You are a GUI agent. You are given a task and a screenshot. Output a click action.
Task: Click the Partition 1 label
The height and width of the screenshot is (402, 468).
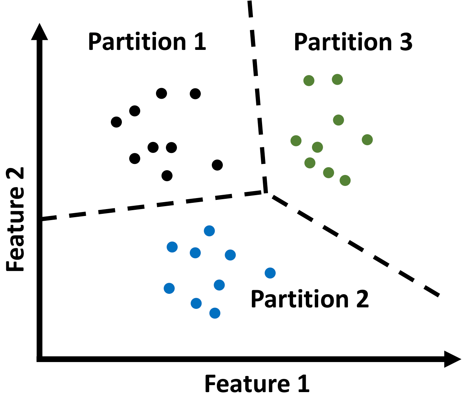pyautogui.click(x=147, y=42)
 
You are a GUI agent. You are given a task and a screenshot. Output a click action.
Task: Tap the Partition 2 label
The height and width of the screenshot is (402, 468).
pyautogui.click(x=309, y=300)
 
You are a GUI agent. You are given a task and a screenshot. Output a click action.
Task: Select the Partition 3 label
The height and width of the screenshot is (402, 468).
pyautogui.click(x=353, y=42)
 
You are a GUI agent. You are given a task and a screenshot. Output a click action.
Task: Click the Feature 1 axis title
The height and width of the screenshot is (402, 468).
pyautogui.click(x=257, y=384)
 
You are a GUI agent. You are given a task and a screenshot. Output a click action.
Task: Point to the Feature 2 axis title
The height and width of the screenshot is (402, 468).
pyautogui.click(x=15, y=219)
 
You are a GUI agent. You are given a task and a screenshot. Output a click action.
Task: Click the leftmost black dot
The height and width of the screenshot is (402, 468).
pyautogui.click(x=116, y=122)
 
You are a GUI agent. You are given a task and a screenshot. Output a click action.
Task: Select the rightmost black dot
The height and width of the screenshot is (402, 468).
pyautogui.click(x=217, y=165)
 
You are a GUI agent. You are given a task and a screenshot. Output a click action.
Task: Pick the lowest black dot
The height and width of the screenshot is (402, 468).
pyautogui.click(x=167, y=176)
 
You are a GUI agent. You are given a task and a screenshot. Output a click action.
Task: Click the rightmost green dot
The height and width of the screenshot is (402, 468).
pyautogui.click(x=367, y=140)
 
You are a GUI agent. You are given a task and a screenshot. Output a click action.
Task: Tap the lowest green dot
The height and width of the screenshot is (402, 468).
pyautogui.click(x=345, y=180)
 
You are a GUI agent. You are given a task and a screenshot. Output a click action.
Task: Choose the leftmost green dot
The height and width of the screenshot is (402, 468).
pyautogui.click(x=296, y=140)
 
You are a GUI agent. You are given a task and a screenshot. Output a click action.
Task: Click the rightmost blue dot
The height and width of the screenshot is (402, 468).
pyautogui.click(x=270, y=273)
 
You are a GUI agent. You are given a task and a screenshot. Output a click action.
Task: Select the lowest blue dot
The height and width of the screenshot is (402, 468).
pyautogui.click(x=215, y=313)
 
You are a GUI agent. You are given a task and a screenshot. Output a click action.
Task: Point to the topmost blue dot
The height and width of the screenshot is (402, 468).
pyautogui.click(x=209, y=231)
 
